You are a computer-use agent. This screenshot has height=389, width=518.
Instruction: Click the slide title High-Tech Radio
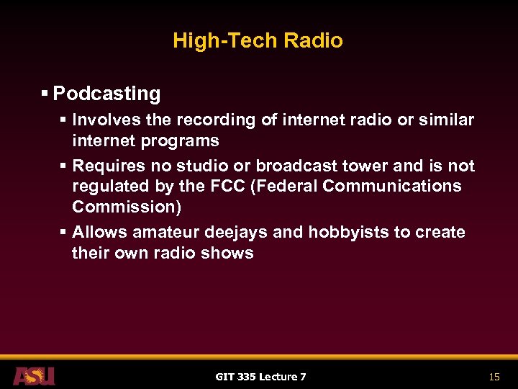click(x=258, y=40)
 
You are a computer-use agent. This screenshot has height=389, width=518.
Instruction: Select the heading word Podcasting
click(x=106, y=94)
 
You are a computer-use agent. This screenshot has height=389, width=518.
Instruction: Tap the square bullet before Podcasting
click(x=45, y=94)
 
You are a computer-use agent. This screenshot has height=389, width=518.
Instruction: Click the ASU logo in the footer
click(x=33, y=376)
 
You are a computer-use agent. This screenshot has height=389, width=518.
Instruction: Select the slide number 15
click(x=494, y=377)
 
